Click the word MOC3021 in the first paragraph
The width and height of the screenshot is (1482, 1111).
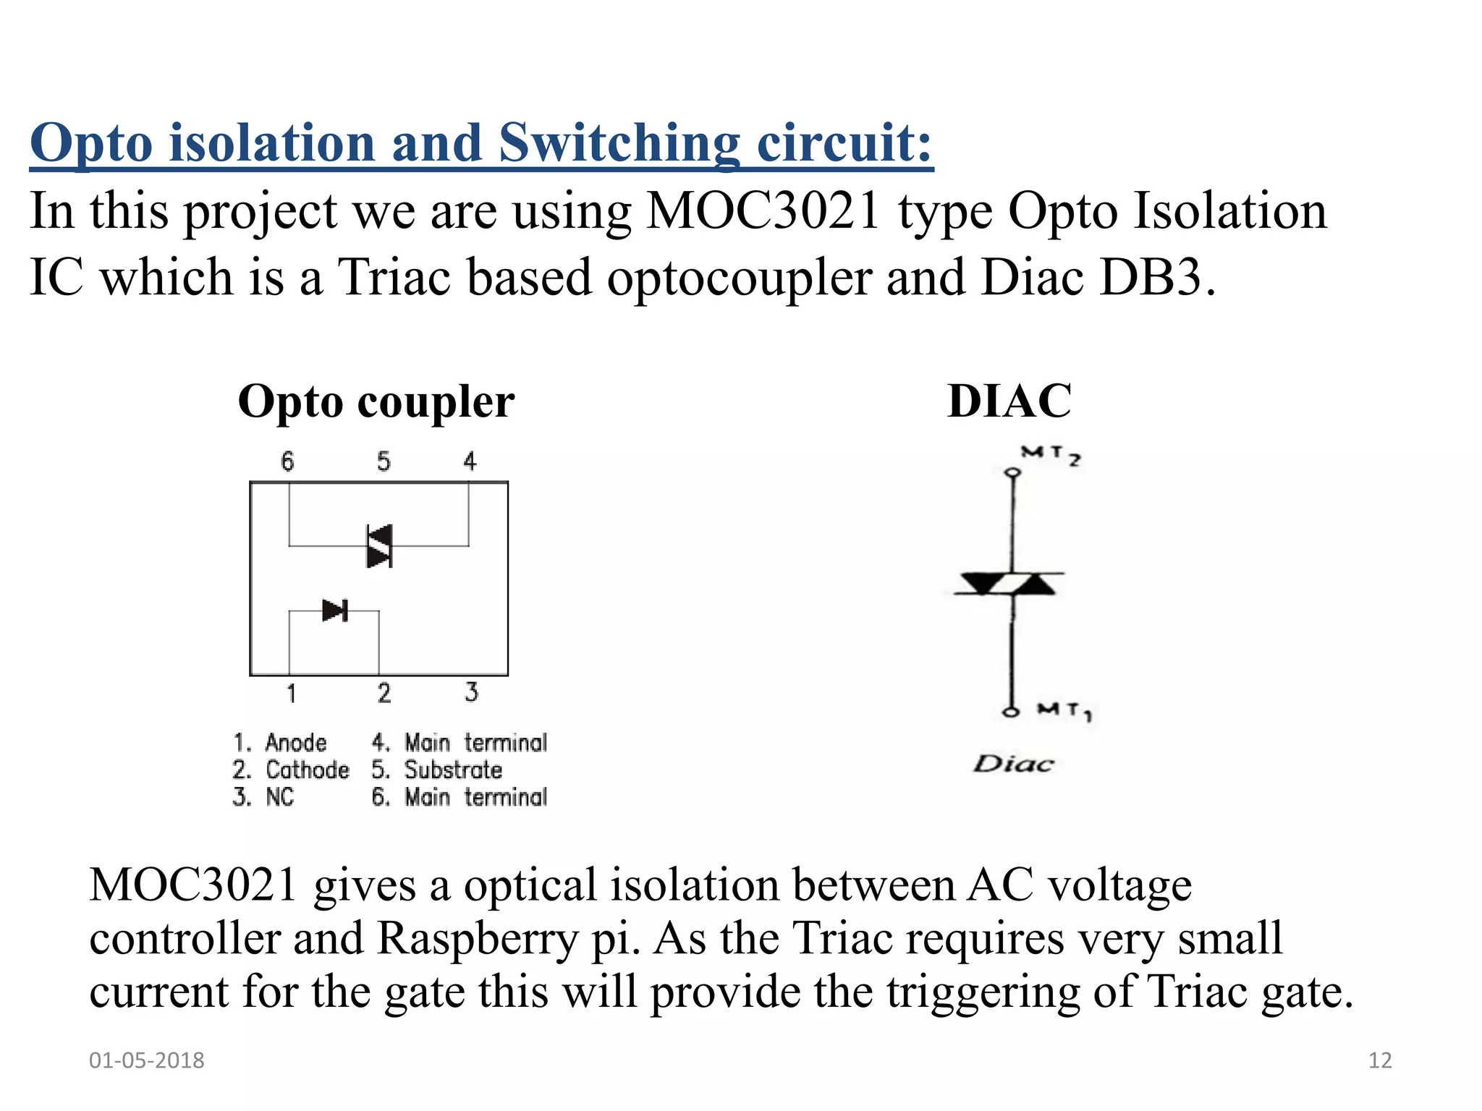tap(762, 212)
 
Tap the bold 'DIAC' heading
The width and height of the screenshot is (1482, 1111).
tap(1009, 401)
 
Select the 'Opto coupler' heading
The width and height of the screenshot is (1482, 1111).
tap(376, 402)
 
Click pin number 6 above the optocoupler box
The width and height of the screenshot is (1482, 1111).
tap(287, 461)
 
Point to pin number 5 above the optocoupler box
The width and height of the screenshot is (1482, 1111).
tap(384, 461)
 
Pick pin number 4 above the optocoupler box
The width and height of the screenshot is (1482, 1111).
tap(470, 461)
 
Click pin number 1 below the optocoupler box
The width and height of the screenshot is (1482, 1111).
tap(291, 694)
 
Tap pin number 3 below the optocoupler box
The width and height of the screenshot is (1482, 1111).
tap(471, 692)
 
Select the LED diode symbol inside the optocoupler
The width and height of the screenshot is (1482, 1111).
tap(334, 610)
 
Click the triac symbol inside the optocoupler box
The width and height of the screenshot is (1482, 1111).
tap(379, 546)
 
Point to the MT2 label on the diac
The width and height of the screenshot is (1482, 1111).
tap(1051, 456)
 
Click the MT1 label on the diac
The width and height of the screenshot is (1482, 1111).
tap(1064, 710)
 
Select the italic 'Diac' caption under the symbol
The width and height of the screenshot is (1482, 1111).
tap(1013, 764)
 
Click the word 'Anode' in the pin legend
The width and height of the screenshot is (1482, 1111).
tap(296, 743)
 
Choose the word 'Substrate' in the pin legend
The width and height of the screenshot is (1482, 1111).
tap(453, 770)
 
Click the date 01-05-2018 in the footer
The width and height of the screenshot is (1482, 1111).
tap(147, 1060)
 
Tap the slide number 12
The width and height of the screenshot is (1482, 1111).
tap(1380, 1060)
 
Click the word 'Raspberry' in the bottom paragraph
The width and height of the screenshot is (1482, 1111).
tap(478, 938)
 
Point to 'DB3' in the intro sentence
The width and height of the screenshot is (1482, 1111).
tap(1149, 278)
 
